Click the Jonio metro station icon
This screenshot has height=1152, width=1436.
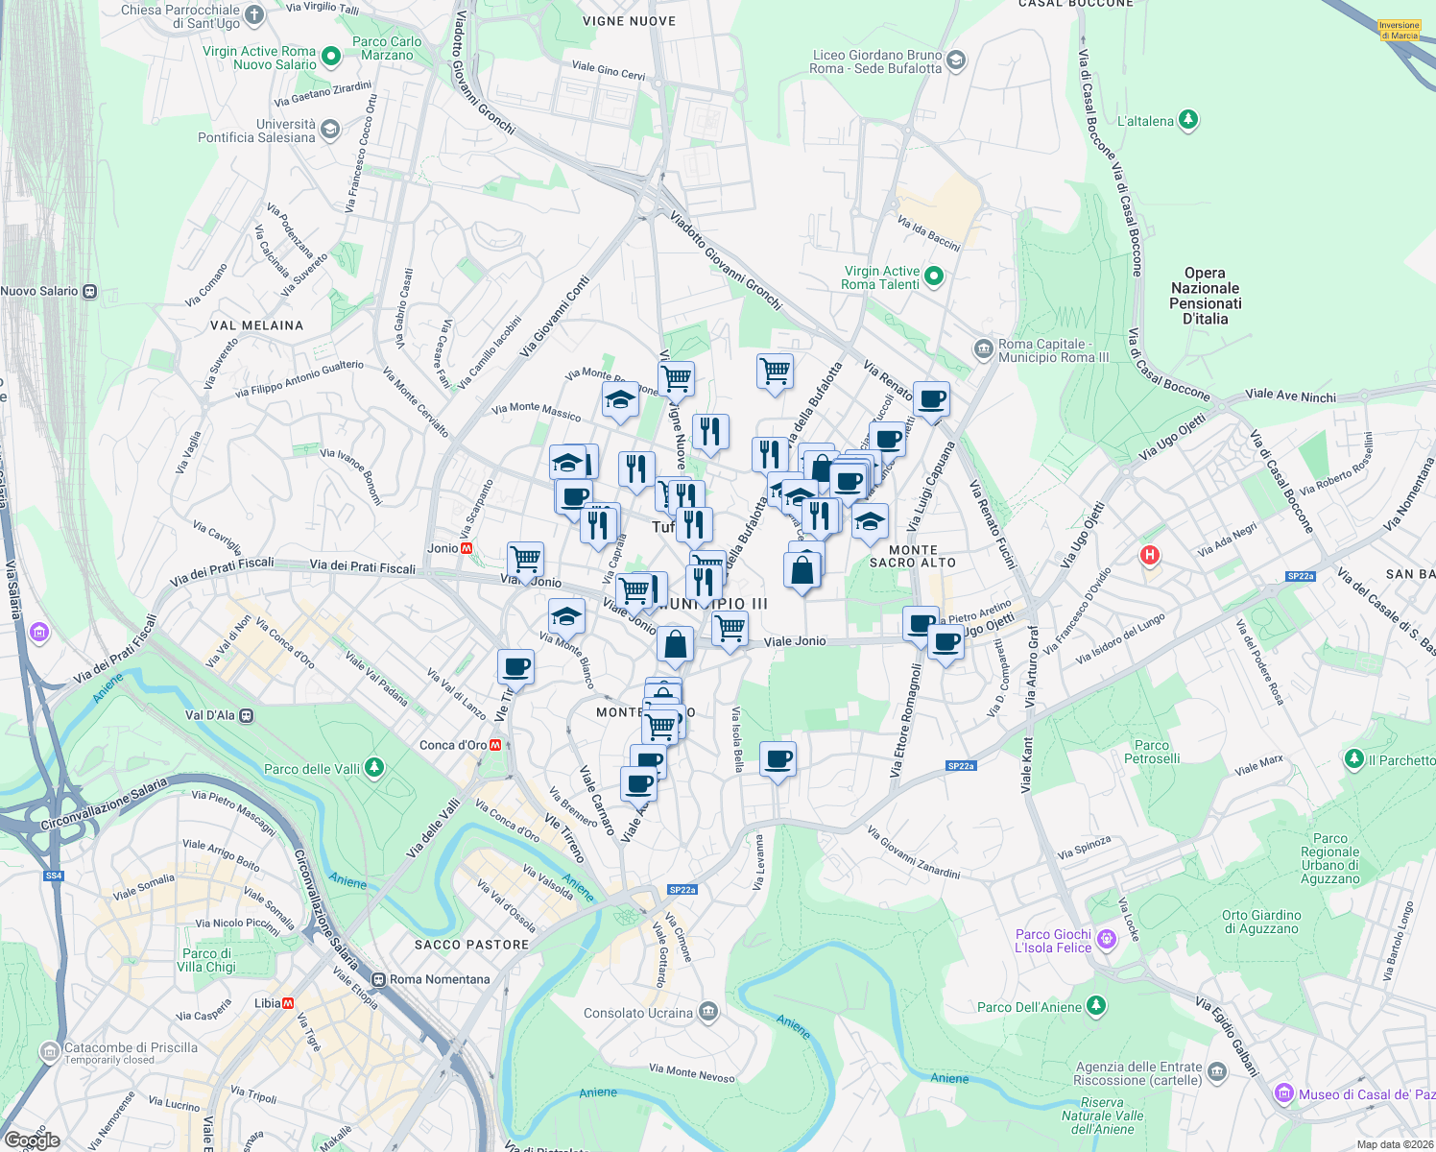(467, 548)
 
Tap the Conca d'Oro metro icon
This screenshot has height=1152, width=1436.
(495, 745)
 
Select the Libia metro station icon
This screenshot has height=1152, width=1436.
(288, 1003)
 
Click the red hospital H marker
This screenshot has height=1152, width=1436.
(1149, 555)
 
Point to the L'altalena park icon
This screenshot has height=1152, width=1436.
(1188, 120)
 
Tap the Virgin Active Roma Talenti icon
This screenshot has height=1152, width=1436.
(933, 277)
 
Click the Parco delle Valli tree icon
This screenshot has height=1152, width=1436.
(374, 768)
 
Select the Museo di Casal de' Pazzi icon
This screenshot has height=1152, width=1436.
(1283, 1093)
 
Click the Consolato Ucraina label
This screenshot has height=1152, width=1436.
(637, 1013)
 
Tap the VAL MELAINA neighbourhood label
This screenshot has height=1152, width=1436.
(256, 325)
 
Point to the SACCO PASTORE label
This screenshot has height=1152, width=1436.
(471, 945)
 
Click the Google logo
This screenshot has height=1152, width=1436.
(32, 1140)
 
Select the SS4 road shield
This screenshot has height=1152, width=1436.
(54, 876)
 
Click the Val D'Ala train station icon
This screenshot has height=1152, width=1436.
(247, 715)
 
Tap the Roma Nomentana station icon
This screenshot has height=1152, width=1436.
(379, 979)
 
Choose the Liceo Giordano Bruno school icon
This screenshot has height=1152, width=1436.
(955, 61)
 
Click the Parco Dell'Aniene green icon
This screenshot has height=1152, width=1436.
(1096, 1006)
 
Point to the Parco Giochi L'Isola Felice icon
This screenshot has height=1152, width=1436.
(1106, 940)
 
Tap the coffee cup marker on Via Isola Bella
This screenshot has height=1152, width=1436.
(778, 759)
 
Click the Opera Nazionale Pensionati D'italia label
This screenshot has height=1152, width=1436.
(1205, 296)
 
